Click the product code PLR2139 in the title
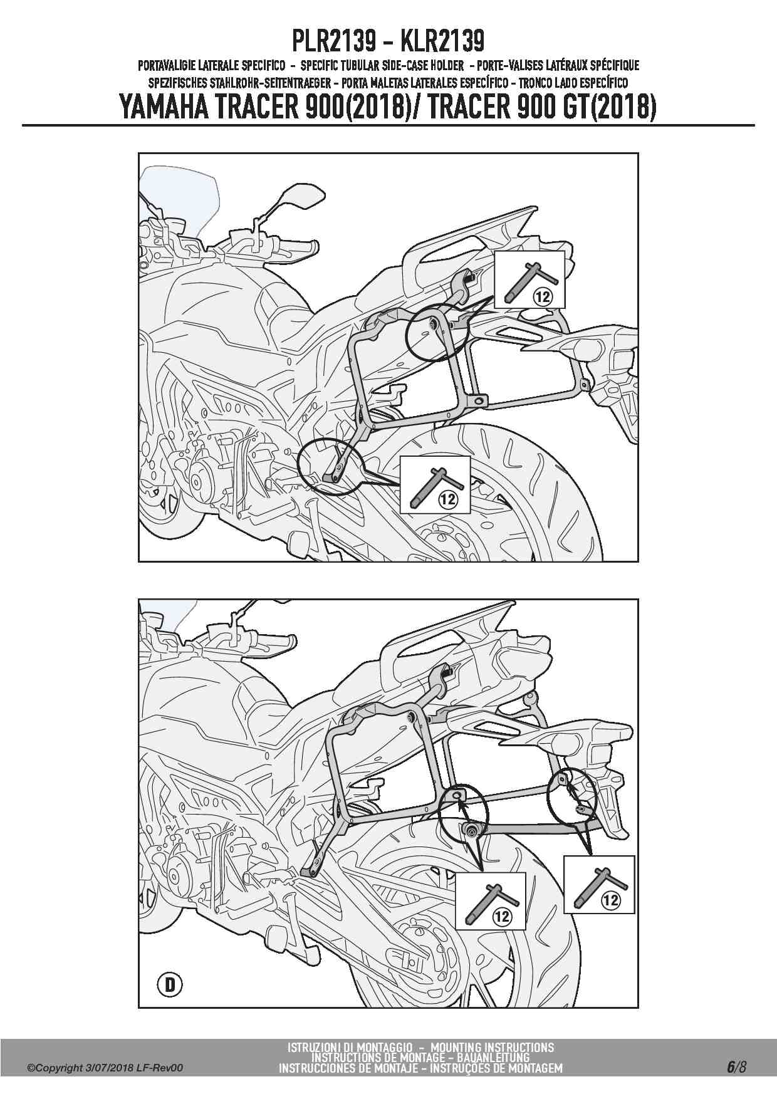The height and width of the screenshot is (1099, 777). click(x=333, y=41)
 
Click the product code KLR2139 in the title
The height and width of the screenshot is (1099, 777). click(x=442, y=41)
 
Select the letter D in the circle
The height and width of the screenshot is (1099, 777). click(x=170, y=986)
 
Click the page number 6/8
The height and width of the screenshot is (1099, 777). click(x=736, y=1067)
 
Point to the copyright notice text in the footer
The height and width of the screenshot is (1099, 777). click(x=105, y=1068)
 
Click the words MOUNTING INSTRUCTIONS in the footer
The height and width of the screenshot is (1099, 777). click(x=493, y=1047)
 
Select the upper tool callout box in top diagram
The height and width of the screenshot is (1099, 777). click(x=529, y=279)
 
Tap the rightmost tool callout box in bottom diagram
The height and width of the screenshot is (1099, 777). click(x=599, y=884)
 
